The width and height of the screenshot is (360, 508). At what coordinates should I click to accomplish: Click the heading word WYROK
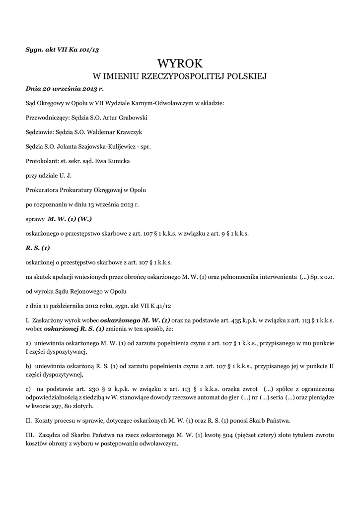pyautogui.click(x=180, y=63)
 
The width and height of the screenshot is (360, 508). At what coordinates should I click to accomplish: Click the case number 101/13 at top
pyautogui.click(x=95, y=49)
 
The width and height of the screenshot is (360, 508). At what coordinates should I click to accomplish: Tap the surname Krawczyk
pyautogui.click(x=129, y=132)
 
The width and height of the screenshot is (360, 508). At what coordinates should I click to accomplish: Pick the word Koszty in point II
pyautogui.click(x=46, y=421)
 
